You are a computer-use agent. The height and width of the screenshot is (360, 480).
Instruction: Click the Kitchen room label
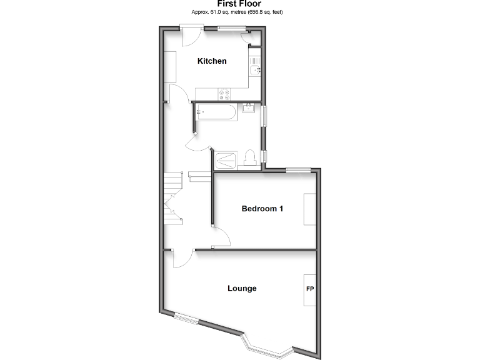[x=212, y=61]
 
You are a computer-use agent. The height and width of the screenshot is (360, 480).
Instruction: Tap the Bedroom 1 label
[x=262, y=209]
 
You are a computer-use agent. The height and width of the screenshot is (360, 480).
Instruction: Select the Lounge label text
[x=242, y=289]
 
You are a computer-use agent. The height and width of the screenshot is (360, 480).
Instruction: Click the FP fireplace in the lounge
[x=310, y=290]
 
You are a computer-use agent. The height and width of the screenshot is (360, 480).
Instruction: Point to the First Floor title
[x=239, y=4]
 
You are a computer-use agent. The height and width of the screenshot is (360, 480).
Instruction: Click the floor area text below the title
[x=239, y=12]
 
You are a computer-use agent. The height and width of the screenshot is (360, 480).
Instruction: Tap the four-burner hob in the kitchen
[x=224, y=94]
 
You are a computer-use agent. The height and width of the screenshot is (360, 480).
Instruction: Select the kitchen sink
[x=255, y=69]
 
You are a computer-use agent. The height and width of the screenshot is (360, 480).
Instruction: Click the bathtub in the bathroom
[x=216, y=113]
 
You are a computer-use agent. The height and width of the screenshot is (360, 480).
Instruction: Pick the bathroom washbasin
[x=247, y=109]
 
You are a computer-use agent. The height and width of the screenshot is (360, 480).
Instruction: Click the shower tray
[x=227, y=159]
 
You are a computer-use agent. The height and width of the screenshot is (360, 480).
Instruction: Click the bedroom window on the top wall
[x=299, y=168]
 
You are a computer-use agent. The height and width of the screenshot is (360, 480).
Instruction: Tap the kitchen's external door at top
[x=191, y=34]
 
